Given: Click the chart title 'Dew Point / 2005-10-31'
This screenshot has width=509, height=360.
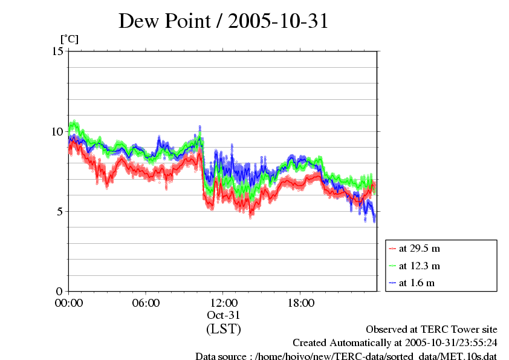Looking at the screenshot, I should pos(223,22).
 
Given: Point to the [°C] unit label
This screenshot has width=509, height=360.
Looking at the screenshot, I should pos(69,39).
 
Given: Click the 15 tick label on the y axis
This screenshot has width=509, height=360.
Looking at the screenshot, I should pos(58,51).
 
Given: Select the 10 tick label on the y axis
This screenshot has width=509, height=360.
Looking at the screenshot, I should pos(58,131).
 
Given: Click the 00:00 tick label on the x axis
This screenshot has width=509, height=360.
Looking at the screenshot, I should pos(69,303).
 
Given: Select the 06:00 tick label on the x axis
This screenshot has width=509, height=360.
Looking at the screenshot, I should pos(146,303).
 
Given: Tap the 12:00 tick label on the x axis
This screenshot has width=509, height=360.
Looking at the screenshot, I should pos(224,303).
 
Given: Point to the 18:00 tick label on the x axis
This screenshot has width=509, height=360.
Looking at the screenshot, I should pos(301,303).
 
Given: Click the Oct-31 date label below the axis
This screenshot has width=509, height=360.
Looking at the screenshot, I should pos(224,315).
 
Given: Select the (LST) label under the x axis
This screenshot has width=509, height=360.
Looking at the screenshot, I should pos(224,329).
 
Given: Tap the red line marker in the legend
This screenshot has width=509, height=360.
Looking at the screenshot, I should pos(392,248).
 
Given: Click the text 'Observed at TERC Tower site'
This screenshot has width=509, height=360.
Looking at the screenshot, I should pos(432,330).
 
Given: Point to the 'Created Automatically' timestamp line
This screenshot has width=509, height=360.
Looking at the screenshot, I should pos(395,343).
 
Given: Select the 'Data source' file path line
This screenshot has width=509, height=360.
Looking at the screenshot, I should pos(346,356).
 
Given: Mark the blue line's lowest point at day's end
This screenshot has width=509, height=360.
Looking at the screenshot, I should pos(374,220).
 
